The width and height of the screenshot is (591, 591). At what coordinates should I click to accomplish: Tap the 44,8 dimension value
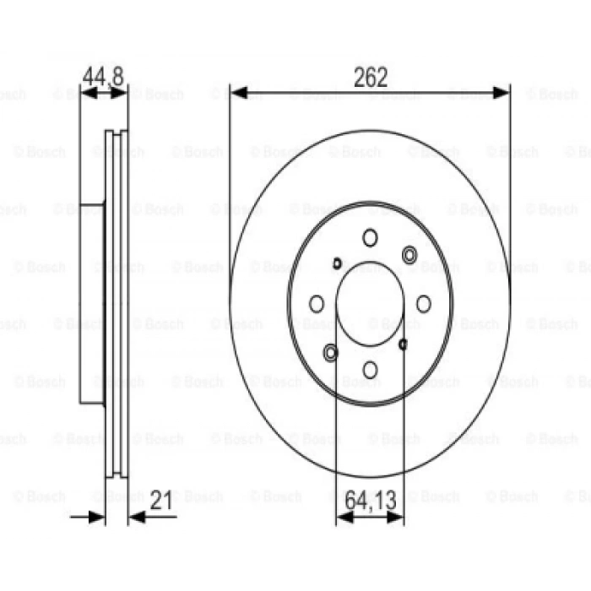[x=103, y=76]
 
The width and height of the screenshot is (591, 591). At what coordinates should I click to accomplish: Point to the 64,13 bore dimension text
[x=370, y=501]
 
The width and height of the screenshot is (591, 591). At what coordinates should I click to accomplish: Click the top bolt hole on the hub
[x=370, y=238]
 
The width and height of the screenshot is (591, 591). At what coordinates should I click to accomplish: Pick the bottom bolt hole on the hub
[x=370, y=369]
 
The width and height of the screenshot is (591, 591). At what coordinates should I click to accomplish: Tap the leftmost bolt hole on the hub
[x=317, y=304]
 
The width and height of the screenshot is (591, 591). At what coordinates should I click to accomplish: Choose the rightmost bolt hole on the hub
[x=424, y=304]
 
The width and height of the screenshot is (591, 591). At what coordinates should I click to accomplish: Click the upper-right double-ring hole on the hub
[x=410, y=254]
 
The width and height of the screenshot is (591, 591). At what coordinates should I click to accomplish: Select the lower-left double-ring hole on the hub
[x=330, y=352]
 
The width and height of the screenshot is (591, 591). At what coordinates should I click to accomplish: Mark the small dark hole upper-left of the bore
[x=338, y=263]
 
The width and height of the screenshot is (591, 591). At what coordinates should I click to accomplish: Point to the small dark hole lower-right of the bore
[x=403, y=344]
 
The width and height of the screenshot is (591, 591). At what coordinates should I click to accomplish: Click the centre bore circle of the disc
[x=370, y=304]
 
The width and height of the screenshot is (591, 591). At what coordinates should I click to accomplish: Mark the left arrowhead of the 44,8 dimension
[x=86, y=93]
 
